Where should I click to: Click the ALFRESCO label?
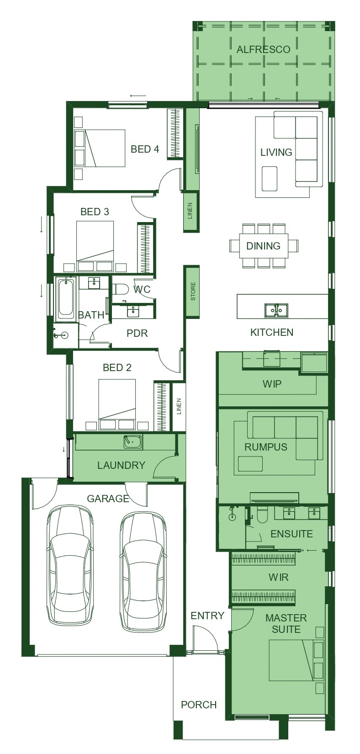[263, 49]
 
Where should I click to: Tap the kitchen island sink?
[276, 310]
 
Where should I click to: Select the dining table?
[264, 246]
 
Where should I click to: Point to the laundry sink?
[133, 441]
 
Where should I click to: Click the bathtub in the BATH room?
[66, 298]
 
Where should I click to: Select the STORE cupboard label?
[193, 292]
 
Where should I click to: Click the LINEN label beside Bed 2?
[179, 406]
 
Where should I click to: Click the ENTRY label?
[207, 616]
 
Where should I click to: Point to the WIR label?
[279, 577]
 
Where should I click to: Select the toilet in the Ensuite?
[262, 515]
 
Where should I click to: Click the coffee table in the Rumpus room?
[250, 463]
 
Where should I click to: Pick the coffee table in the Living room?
[270, 178]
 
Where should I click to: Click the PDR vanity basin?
[133, 312]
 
